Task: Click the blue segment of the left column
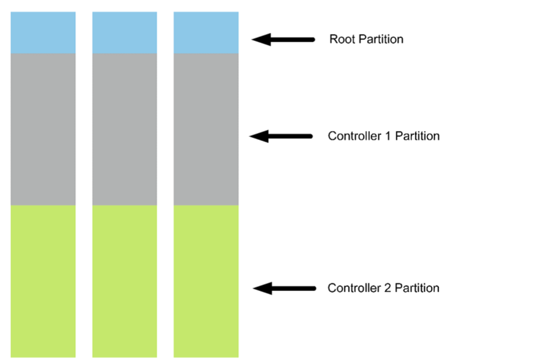tap(43, 33)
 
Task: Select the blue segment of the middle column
tap(124, 33)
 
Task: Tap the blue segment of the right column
tap(206, 33)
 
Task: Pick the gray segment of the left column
tap(43, 129)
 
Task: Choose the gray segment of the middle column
tap(124, 129)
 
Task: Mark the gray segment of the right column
tap(206, 129)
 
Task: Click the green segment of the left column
tap(43, 281)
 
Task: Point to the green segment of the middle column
tap(124, 281)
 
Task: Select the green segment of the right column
tap(206, 281)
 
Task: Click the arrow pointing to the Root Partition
tap(282, 40)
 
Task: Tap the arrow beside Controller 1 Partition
tap(281, 136)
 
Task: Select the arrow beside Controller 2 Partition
tap(284, 289)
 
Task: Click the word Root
tap(341, 39)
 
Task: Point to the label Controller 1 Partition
tap(384, 136)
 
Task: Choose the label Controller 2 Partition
tap(384, 289)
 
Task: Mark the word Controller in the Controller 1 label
tap(355, 136)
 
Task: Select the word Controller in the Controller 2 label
tap(355, 289)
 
